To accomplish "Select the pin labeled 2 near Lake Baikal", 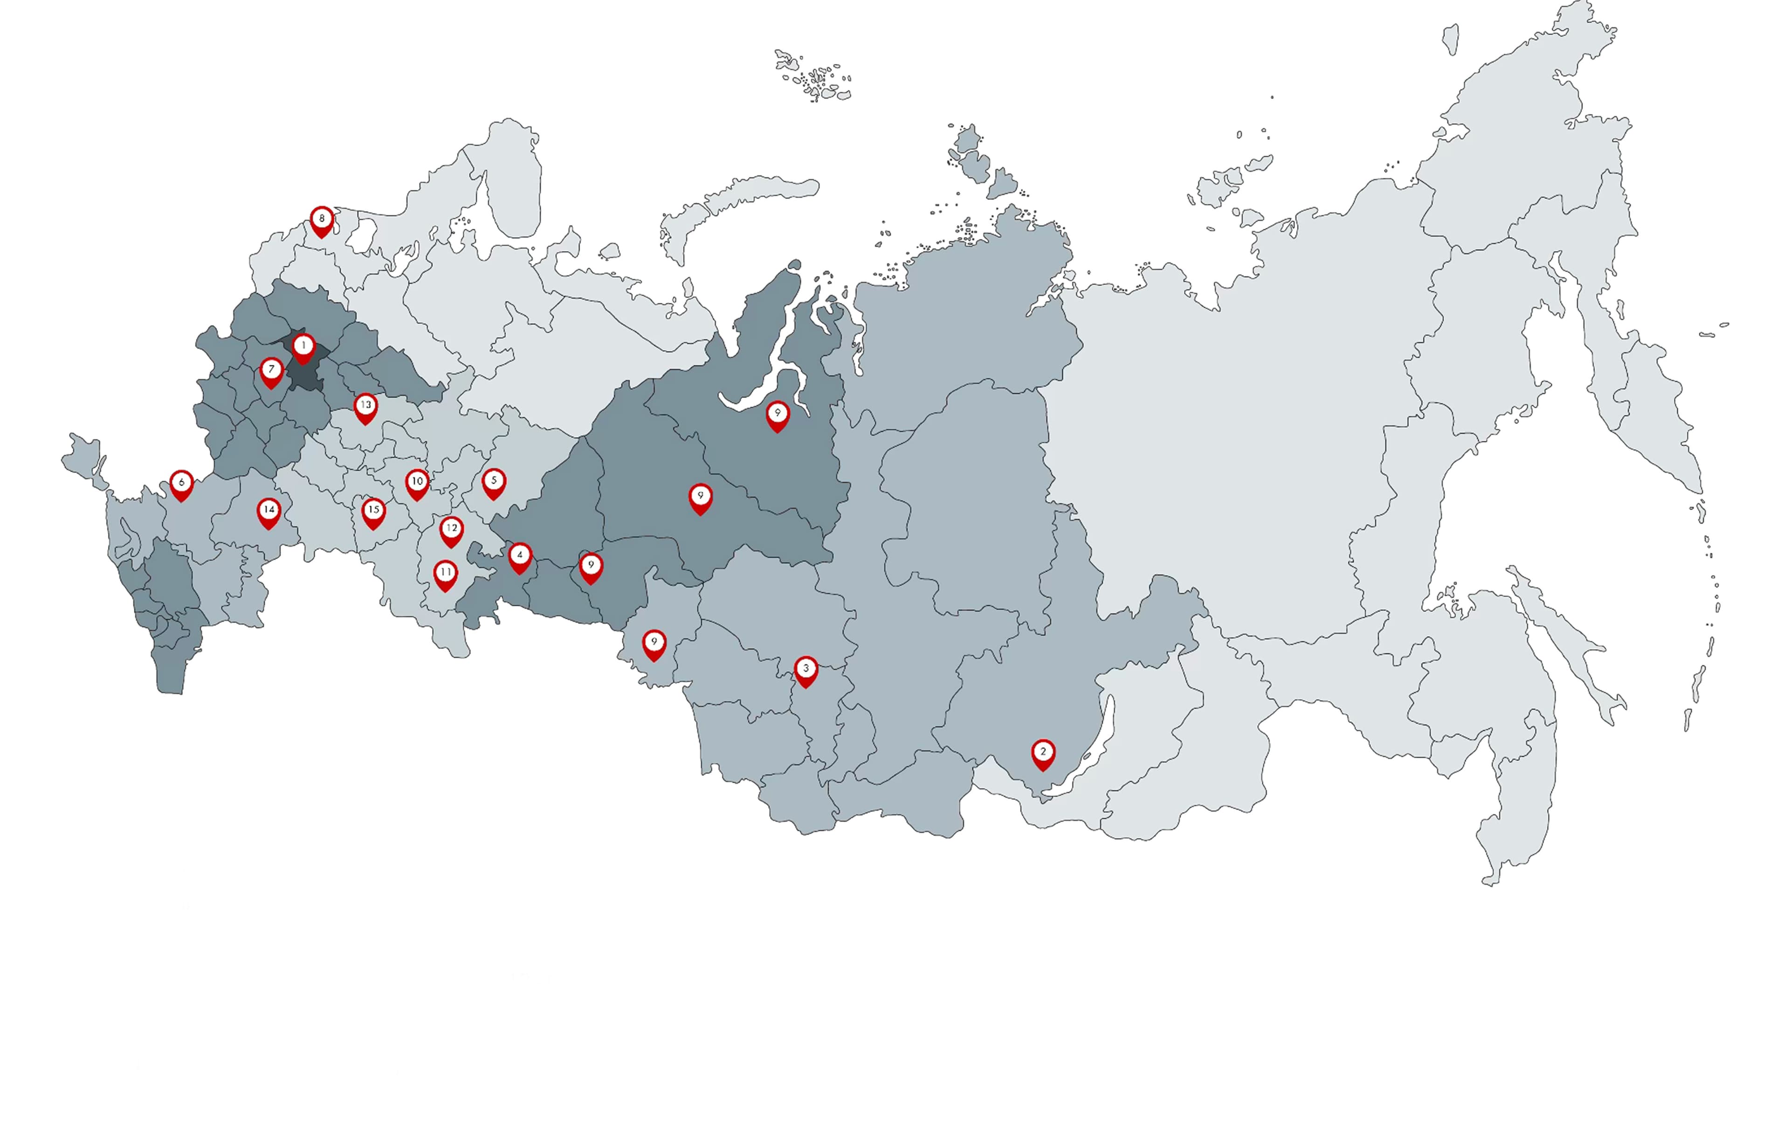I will click(x=1043, y=753).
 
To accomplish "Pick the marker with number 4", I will click(x=520, y=557).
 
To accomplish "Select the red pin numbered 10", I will click(x=417, y=484).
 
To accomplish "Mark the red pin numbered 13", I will click(x=365, y=407).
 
